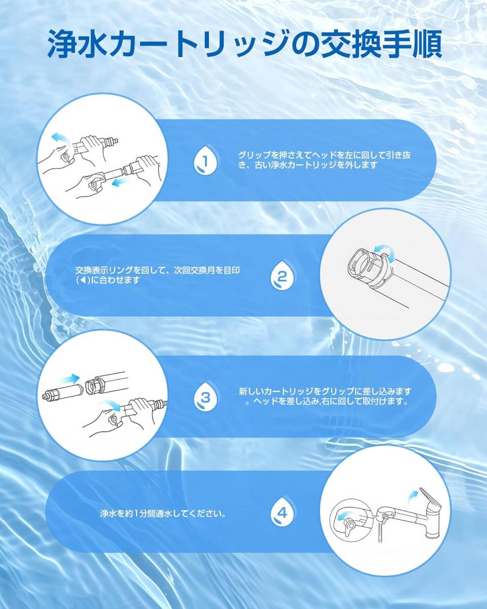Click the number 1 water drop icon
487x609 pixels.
coord(205,160)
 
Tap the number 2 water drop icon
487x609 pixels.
coord(282,277)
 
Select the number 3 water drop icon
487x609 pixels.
coord(205,398)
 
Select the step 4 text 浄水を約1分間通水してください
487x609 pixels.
coord(163,513)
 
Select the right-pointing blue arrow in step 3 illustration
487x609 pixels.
coord(68,378)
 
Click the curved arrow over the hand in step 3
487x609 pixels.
coord(109,404)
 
